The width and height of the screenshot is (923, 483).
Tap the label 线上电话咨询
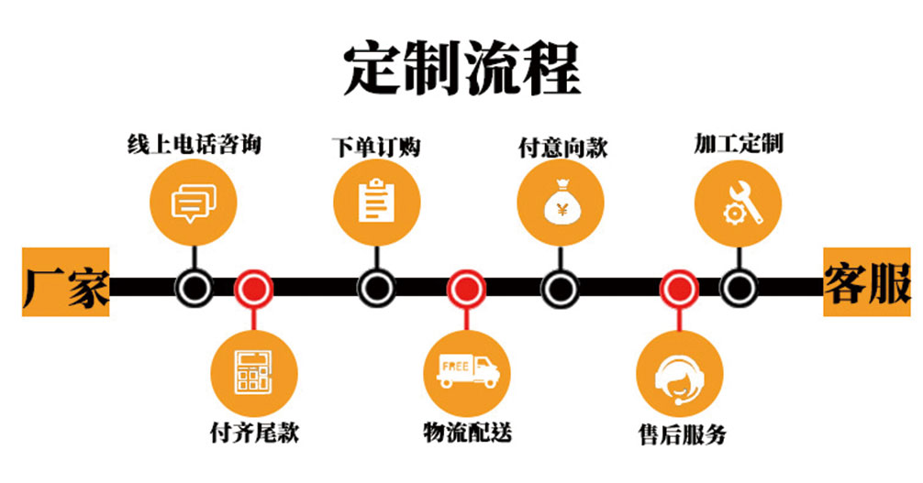[193, 144]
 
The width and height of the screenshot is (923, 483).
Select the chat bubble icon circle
[194, 202]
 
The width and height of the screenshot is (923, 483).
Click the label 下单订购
[375, 146]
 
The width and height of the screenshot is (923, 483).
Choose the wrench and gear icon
[738, 202]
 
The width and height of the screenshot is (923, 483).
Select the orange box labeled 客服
[866, 282]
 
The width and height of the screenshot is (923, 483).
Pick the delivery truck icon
[466, 371]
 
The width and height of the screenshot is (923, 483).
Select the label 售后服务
[681, 434]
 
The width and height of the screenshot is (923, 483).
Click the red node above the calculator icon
[253, 289]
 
